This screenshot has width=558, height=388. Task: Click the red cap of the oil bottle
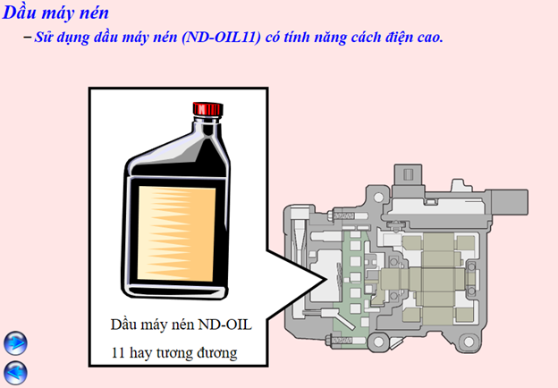click(208, 109)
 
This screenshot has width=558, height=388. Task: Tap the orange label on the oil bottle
click(176, 233)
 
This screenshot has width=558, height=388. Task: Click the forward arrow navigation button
click(15, 343)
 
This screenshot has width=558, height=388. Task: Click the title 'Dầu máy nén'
click(55, 13)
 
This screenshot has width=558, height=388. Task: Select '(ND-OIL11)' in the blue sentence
click(221, 38)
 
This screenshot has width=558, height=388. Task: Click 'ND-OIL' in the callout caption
click(225, 325)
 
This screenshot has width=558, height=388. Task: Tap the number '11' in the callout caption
click(118, 353)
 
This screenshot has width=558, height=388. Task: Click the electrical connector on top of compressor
click(408, 174)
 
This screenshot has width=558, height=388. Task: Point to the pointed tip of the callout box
click(325, 279)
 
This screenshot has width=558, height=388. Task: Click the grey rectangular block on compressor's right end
click(510, 202)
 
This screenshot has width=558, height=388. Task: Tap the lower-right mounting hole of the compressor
click(469, 342)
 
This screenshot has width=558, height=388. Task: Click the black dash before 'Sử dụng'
click(28, 37)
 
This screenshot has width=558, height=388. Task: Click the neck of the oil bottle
click(207, 126)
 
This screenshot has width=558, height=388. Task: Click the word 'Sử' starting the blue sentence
click(42, 38)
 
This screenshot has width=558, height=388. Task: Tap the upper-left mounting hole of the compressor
click(378, 197)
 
